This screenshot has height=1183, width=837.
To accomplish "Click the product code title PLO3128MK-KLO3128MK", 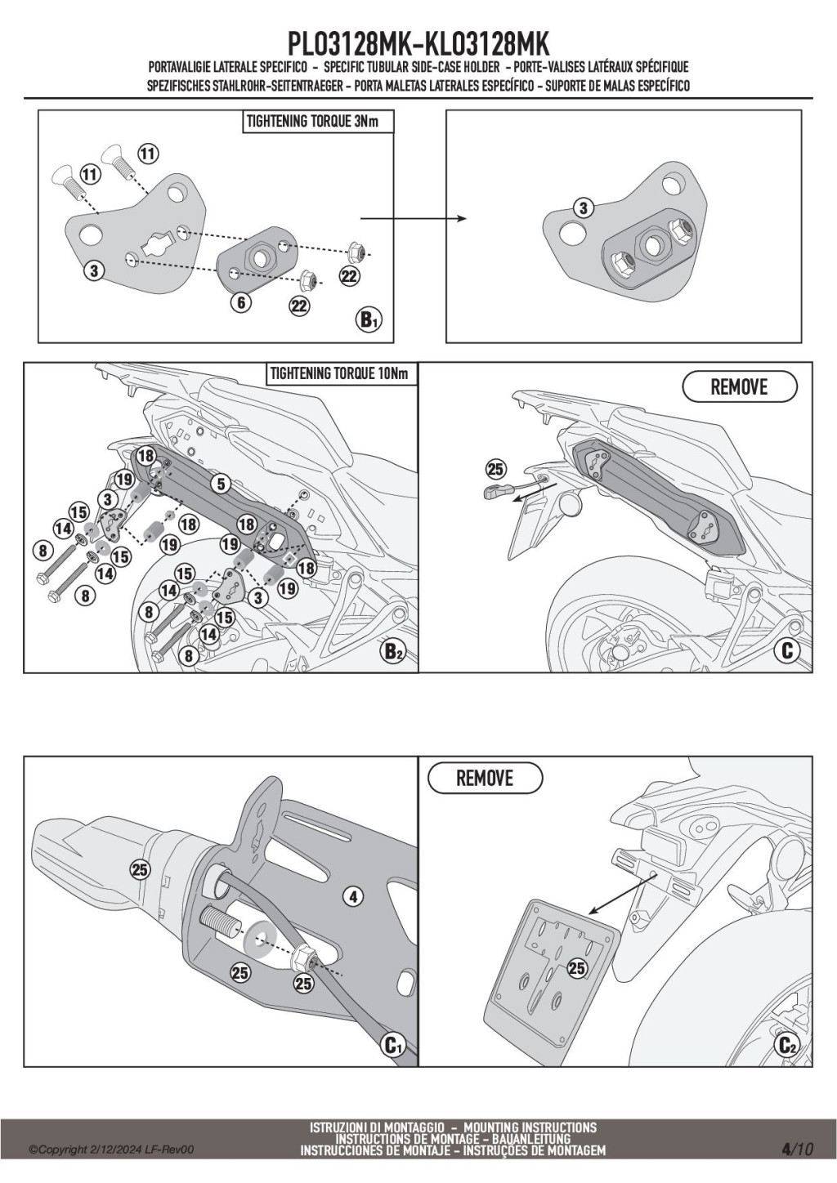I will click(418, 44).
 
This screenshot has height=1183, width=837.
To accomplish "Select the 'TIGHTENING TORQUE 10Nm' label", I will click(338, 374).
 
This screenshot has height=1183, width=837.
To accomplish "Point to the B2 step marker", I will click(393, 652).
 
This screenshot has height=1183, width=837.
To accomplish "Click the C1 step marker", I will click(393, 1044).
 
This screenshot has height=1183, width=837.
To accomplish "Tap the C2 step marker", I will click(787, 1044).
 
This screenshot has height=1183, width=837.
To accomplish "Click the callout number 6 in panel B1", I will click(240, 302).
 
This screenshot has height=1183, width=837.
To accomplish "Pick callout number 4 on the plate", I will click(353, 896).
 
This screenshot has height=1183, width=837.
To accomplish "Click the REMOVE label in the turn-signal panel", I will click(739, 386).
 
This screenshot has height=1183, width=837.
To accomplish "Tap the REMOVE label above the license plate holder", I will click(485, 778).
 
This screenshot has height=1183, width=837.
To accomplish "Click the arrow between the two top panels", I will click(413, 219).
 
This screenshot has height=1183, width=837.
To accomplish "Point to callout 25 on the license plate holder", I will click(577, 968).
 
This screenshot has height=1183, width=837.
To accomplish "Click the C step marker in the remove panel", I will click(787, 651).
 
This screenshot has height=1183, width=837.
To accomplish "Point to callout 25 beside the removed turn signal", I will click(496, 469).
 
